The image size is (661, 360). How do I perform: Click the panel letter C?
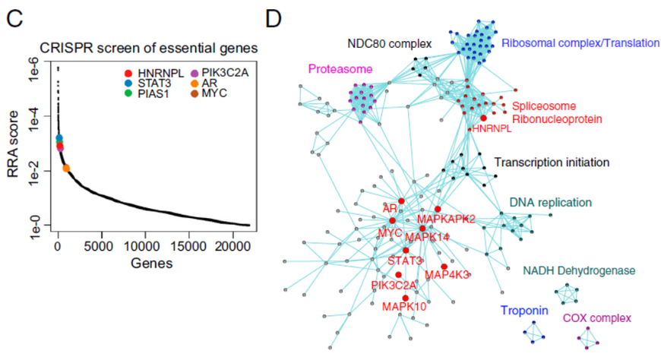pos(14,19)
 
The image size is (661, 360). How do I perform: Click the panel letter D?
pos(274,19)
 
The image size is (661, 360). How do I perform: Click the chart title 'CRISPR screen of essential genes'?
pos(149,49)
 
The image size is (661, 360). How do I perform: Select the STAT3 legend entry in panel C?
pos(148,83)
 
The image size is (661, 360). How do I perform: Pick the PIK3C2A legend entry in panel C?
pos(220,74)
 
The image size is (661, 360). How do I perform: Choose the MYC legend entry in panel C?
pos(209,93)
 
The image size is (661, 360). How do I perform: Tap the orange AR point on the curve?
pos(66,169)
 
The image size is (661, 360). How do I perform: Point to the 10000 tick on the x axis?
pos(144,246)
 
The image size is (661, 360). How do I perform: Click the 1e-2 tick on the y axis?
pos(36,171)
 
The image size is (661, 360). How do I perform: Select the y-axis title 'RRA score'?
pos(13,144)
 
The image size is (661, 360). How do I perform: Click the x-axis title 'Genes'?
pos(152,264)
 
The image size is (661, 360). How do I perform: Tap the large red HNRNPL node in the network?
pos(483,118)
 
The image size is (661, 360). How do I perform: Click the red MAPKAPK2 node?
pos(438,209)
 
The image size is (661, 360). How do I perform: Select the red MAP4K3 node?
pos(444,267)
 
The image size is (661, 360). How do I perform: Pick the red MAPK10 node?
pos(405,298)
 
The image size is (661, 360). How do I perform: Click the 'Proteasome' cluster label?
pos(340,69)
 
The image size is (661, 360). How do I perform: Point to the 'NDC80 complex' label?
pos(390,43)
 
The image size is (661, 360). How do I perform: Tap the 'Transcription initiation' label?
pos(552,163)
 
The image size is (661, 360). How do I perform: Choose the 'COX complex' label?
pos(597,317)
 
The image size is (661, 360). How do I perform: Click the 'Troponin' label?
pos(524,311)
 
